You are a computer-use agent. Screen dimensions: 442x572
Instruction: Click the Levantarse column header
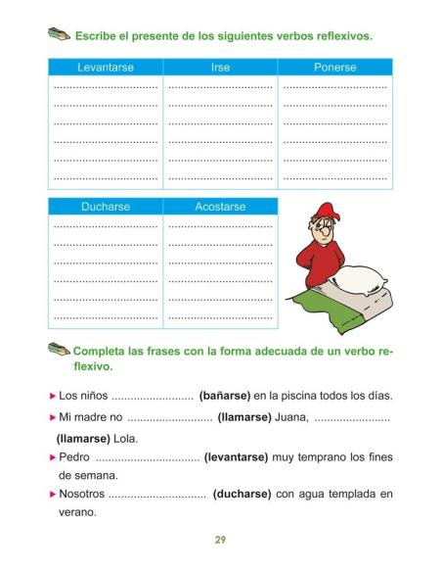(106, 68)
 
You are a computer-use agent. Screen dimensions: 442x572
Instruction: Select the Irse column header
(220, 68)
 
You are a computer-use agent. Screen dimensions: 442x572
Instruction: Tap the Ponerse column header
(335, 68)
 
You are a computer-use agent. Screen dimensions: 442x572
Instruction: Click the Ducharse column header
(106, 207)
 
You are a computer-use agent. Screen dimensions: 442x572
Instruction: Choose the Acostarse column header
(220, 207)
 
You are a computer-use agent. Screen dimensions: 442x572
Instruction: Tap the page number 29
(221, 540)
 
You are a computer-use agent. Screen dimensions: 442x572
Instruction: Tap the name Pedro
(74, 456)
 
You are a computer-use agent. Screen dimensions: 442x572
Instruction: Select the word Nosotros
(81, 494)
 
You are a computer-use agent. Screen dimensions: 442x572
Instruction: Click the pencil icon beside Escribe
(58, 35)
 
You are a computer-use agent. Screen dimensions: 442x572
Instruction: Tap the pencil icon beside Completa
(58, 350)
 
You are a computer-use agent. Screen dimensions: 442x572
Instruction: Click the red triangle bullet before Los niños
(53, 397)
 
